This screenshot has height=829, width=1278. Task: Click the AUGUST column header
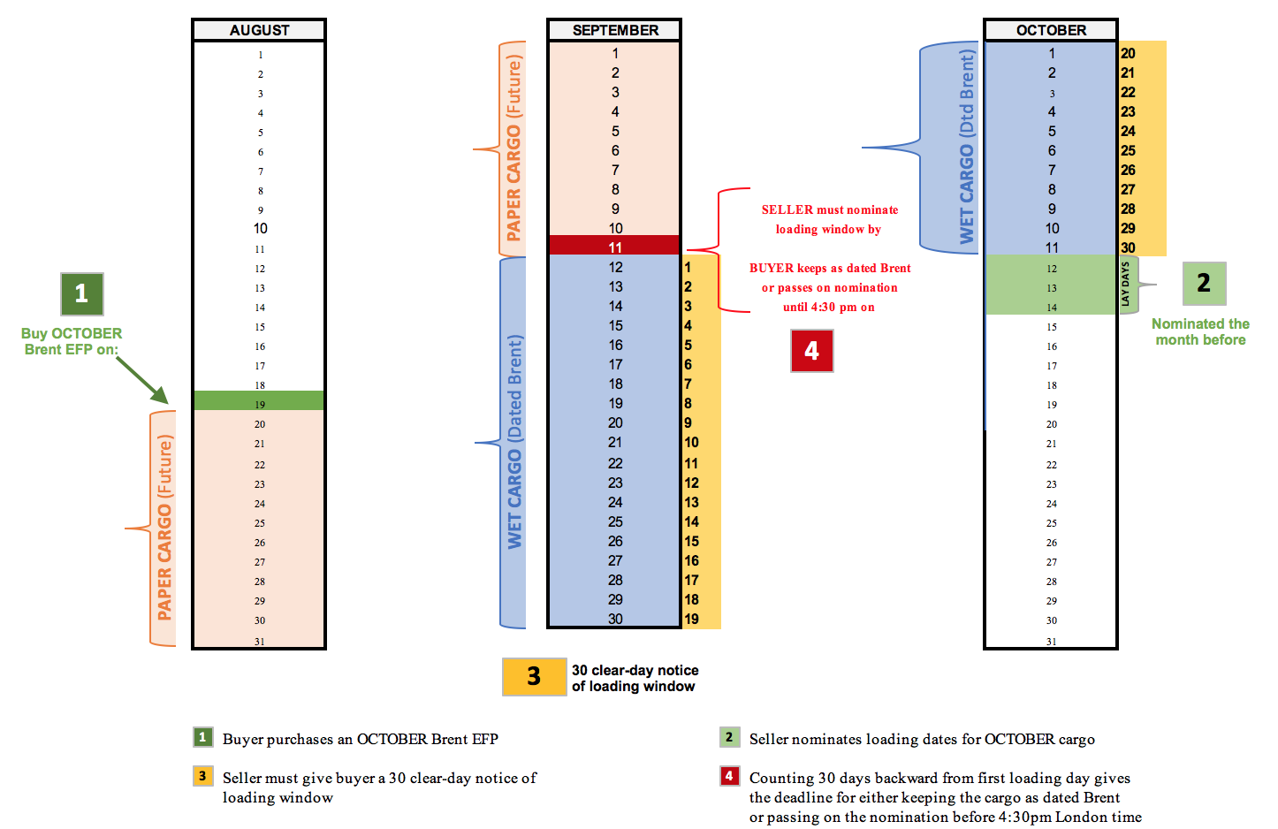(259, 30)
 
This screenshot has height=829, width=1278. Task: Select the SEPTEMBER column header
(615, 30)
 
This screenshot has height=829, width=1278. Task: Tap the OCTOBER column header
(1051, 30)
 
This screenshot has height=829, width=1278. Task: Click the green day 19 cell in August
(259, 403)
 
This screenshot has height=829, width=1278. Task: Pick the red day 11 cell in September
(614, 247)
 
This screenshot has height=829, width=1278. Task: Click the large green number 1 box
(81, 293)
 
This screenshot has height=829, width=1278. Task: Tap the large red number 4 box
(811, 351)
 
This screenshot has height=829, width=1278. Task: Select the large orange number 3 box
(534, 676)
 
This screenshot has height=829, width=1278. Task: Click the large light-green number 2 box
(1204, 284)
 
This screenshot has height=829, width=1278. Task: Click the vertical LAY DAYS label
(1126, 285)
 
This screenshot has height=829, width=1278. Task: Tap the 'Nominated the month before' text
(1200, 331)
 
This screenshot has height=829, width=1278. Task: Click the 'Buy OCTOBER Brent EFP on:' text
(72, 341)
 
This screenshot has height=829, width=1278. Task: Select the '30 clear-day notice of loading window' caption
(635, 678)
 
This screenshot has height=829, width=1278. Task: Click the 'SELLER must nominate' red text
(829, 210)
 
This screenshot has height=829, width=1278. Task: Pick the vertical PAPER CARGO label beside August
(164, 528)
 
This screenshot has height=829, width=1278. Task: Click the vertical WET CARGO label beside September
(514, 442)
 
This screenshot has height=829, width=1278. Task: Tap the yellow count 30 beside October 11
(1128, 247)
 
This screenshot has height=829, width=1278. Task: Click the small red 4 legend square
(729, 776)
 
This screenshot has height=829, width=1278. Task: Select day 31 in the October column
(1051, 641)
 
